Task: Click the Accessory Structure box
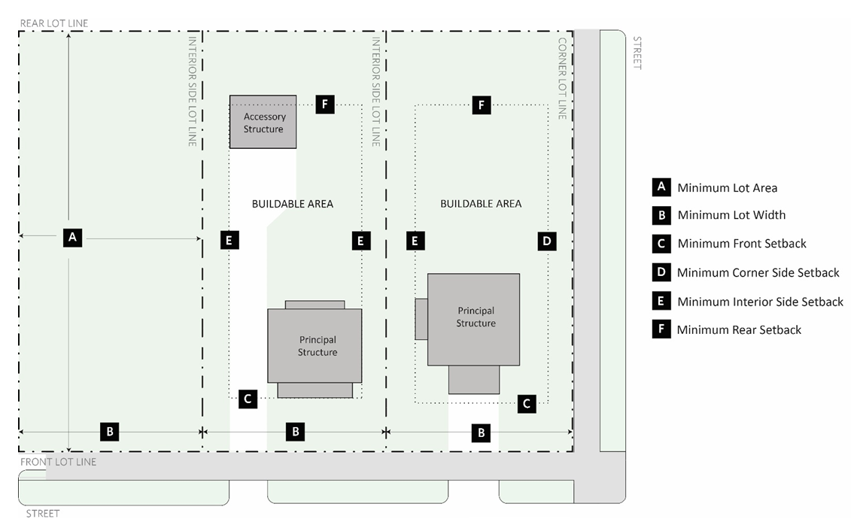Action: pyautogui.click(x=263, y=122)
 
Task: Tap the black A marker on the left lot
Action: pyautogui.click(x=73, y=237)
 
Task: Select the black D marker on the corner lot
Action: pyautogui.click(x=547, y=241)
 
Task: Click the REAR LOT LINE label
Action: pyautogui.click(x=54, y=23)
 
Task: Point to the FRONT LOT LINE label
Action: pyautogui.click(x=59, y=462)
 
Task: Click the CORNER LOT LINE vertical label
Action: pyautogui.click(x=562, y=78)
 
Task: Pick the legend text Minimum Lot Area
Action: pyautogui.click(x=728, y=188)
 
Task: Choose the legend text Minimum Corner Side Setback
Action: pyautogui.click(x=758, y=272)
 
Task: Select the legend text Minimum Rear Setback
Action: pyautogui.click(x=739, y=330)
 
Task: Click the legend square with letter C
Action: pyautogui.click(x=661, y=244)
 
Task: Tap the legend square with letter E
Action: pyautogui.click(x=661, y=301)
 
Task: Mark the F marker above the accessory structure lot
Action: pyautogui.click(x=325, y=105)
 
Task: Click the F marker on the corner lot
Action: pyautogui.click(x=482, y=105)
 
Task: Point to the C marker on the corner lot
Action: pyautogui.click(x=527, y=404)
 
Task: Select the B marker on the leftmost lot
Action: pyautogui.click(x=110, y=432)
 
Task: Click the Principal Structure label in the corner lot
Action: pyautogui.click(x=476, y=317)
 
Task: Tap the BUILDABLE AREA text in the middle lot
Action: pyautogui.click(x=293, y=204)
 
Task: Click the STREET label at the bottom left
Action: pyautogui.click(x=43, y=514)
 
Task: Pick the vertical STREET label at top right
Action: pyautogui.click(x=638, y=53)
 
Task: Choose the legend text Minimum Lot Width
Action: pyautogui.click(x=731, y=215)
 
